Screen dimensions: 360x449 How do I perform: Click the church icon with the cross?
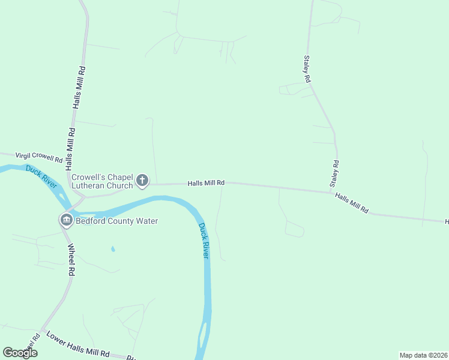tap(142, 180)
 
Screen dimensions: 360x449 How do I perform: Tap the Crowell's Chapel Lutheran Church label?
tap(102, 181)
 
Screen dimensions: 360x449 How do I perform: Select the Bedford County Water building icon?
tap(65, 220)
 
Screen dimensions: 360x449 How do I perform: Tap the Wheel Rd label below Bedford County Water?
tap(71, 259)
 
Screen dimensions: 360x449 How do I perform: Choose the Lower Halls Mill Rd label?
tap(78, 345)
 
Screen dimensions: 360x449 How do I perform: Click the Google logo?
tap(20, 353)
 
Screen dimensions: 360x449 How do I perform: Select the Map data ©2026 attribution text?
tap(423, 355)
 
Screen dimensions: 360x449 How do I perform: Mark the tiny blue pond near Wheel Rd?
tap(113, 248)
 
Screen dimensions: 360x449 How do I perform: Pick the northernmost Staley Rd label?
tap(307, 69)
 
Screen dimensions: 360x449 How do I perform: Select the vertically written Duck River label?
tap(204, 241)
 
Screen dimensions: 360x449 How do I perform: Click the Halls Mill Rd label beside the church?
tap(206, 182)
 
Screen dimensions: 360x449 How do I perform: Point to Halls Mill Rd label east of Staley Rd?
tap(352, 203)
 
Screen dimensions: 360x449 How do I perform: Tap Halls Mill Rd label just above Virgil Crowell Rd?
tap(71, 148)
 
